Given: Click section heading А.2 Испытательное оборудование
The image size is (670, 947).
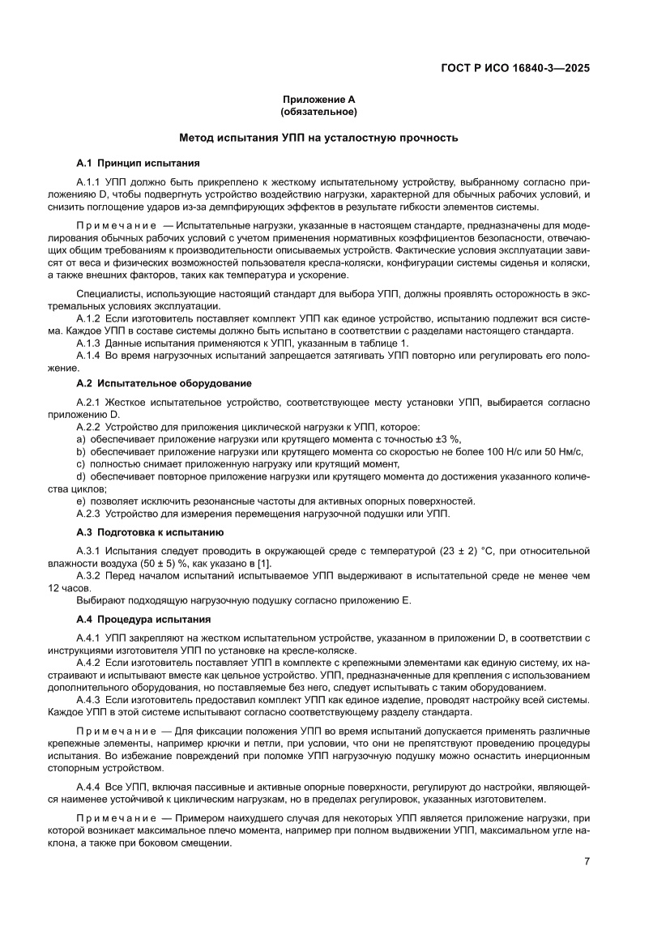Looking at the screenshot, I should [x=163, y=382].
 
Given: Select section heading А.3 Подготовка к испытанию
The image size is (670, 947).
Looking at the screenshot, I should [x=150, y=532].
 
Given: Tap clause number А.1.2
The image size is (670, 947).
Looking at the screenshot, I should [x=88, y=319].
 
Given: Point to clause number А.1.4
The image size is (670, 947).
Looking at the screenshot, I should [x=88, y=356].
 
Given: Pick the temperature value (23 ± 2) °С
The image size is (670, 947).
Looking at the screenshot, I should [x=448, y=551].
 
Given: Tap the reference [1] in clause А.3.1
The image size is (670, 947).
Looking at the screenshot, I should [x=264, y=563].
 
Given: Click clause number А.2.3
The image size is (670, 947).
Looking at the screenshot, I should [x=88, y=513].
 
